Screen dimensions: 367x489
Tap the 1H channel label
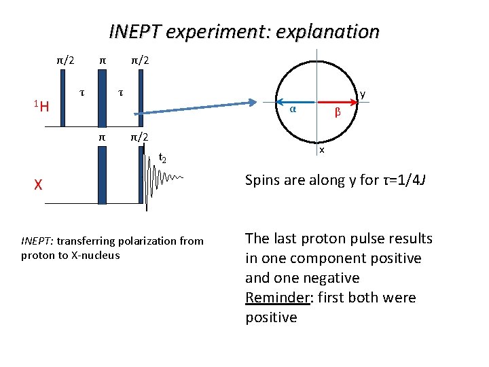[41, 105]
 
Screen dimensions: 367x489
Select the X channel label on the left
[39, 184]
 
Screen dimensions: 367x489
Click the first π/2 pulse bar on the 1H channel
[62, 99]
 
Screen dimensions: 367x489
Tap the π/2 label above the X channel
[140, 137]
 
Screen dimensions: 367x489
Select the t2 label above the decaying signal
[162, 158]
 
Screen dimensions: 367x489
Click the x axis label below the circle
[322, 150]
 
